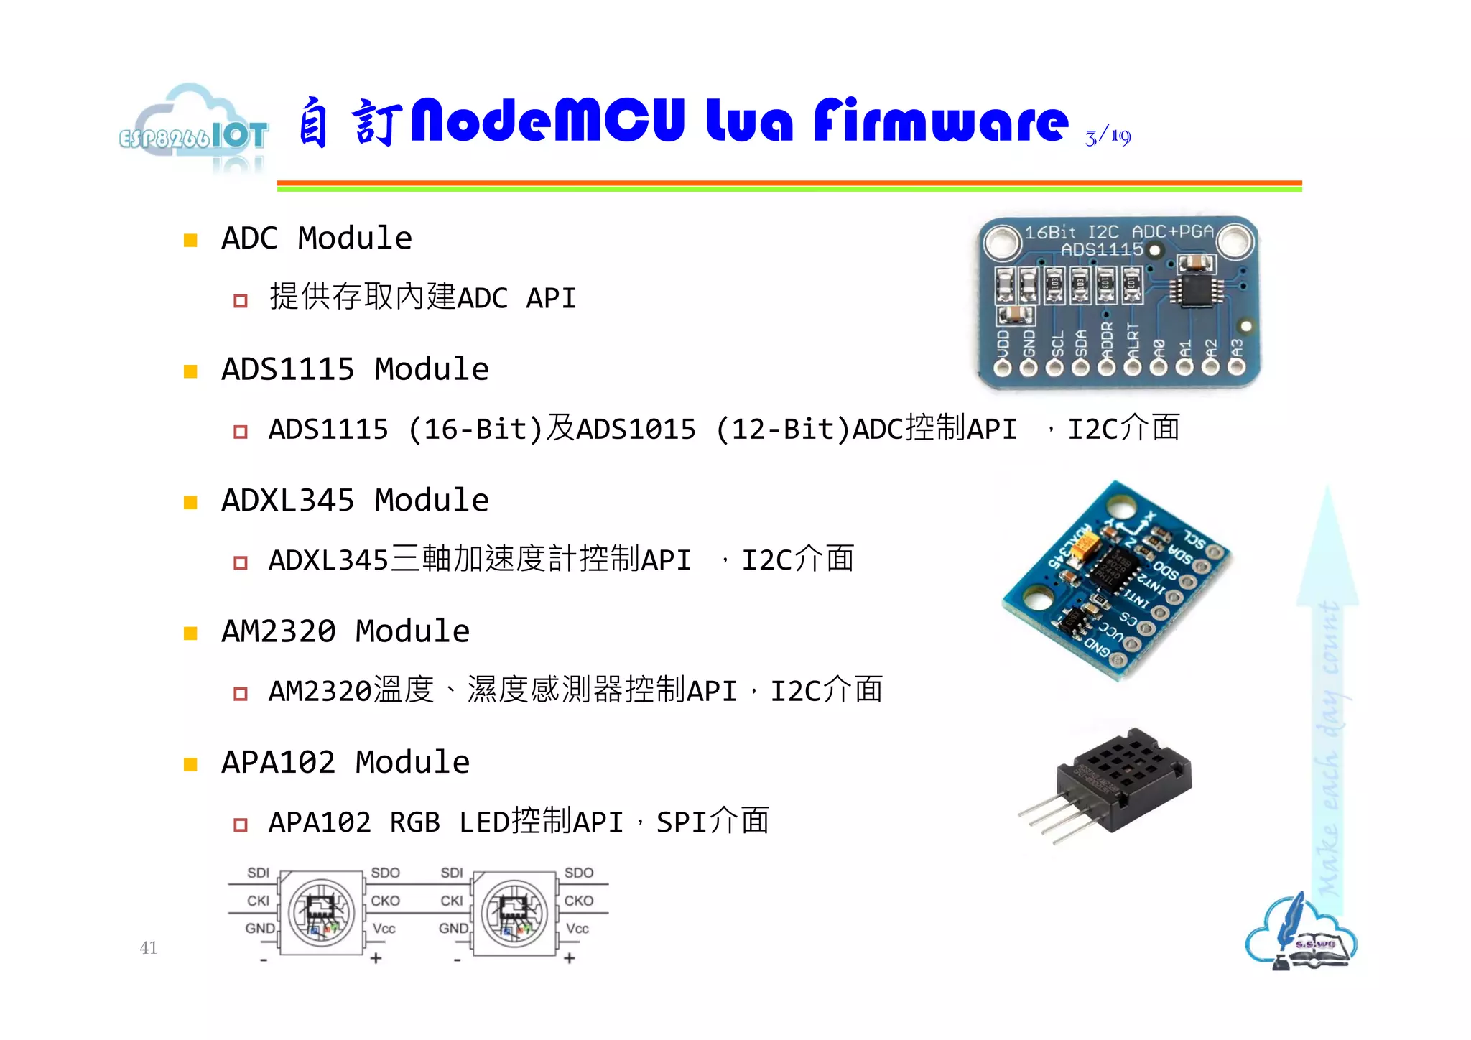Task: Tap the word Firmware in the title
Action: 941,121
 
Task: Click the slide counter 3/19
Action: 1108,136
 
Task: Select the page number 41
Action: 148,947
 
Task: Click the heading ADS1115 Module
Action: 355,369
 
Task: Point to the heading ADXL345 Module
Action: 355,500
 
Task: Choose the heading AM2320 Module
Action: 345,631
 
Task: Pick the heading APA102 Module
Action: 345,762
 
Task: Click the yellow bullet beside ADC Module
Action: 190,240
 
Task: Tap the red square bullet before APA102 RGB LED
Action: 241,825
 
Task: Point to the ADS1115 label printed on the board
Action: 1102,250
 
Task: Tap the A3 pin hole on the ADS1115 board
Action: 1236,368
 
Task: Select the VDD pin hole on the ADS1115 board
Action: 1003,368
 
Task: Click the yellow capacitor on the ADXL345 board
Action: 1081,551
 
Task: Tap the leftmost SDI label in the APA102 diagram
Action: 258,873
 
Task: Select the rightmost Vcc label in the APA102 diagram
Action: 577,929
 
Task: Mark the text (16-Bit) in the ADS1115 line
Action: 475,430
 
